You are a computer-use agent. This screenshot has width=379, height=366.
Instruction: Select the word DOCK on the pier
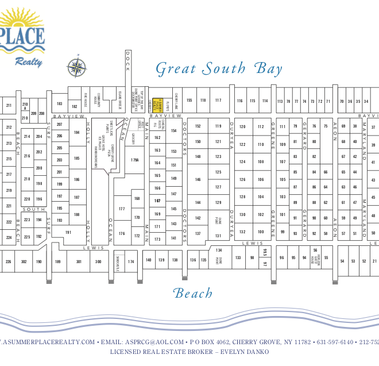[x=128, y=66]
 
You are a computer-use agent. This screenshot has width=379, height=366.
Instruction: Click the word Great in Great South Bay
[x=176, y=69]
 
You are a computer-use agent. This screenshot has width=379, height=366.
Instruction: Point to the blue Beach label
[x=193, y=294]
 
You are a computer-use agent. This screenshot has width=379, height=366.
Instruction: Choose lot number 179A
[x=134, y=160]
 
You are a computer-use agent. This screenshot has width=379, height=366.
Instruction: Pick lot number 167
[x=157, y=201]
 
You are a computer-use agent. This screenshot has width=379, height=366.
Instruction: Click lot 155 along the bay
[x=189, y=101]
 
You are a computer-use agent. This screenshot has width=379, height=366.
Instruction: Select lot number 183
[x=59, y=104]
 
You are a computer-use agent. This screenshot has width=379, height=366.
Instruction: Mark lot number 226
[x=8, y=261]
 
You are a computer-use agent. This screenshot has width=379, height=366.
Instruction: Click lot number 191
[x=68, y=232]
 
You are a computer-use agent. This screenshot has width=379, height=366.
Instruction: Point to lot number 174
[x=132, y=261]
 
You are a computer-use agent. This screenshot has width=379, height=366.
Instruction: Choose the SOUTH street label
[x=30, y=209]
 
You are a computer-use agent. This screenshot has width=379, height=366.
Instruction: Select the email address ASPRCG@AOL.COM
[x=155, y=342]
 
